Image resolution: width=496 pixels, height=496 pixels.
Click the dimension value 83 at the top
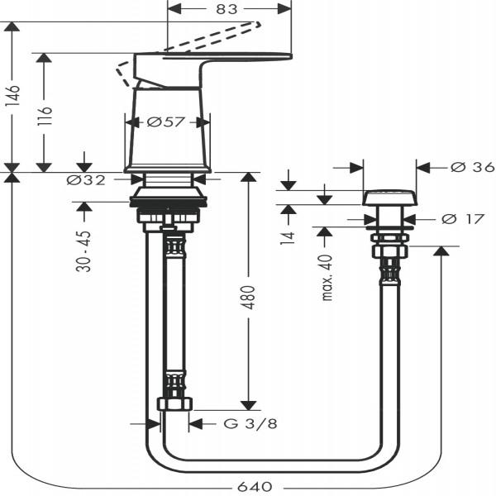(227, 9)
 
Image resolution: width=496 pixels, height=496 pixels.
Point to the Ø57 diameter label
(165, 122)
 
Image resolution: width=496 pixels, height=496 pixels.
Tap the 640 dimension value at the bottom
(254, 487)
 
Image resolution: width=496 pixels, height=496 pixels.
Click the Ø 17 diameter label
(459, 220)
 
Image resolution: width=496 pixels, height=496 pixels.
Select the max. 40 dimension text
(327, 277)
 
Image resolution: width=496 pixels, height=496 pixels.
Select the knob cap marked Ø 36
(389, 197)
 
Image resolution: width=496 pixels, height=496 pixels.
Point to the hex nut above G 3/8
(174, 404)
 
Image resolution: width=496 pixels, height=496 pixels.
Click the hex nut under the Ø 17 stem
(389, 248)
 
